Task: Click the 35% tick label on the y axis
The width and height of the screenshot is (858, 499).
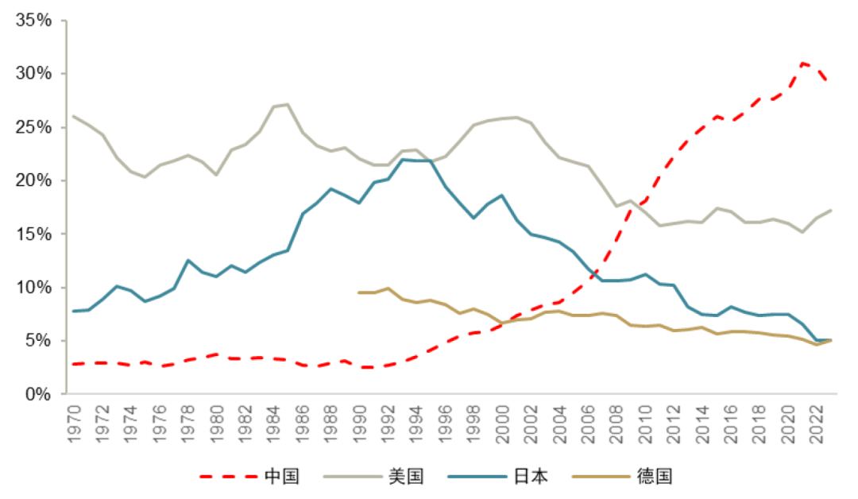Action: click(x=34, y=21)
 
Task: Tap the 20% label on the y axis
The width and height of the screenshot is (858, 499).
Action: click(x=34, y=180)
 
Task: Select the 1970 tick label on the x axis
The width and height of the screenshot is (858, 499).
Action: click(x=73, y=419)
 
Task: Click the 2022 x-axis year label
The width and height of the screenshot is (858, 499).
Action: click(x=817, y=419)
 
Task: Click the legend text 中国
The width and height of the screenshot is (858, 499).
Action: click(x=282, y=477)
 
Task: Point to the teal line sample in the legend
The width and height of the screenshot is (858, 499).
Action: click(x=477, y=477)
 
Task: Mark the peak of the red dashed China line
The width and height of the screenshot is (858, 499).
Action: click(x=803, y=63)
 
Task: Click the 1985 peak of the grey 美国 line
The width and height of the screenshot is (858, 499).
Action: click(x=288, y=104)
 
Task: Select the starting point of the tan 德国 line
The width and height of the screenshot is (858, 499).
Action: click(x=359, y=292)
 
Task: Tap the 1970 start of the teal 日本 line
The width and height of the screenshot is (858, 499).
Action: click(x=73, y=311)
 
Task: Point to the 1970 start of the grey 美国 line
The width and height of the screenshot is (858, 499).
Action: click(x=73, y=116)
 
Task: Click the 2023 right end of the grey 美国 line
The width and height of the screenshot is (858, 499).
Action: click(x=831, y=211)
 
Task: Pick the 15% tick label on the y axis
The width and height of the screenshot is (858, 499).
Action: click(x=34, y=234)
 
